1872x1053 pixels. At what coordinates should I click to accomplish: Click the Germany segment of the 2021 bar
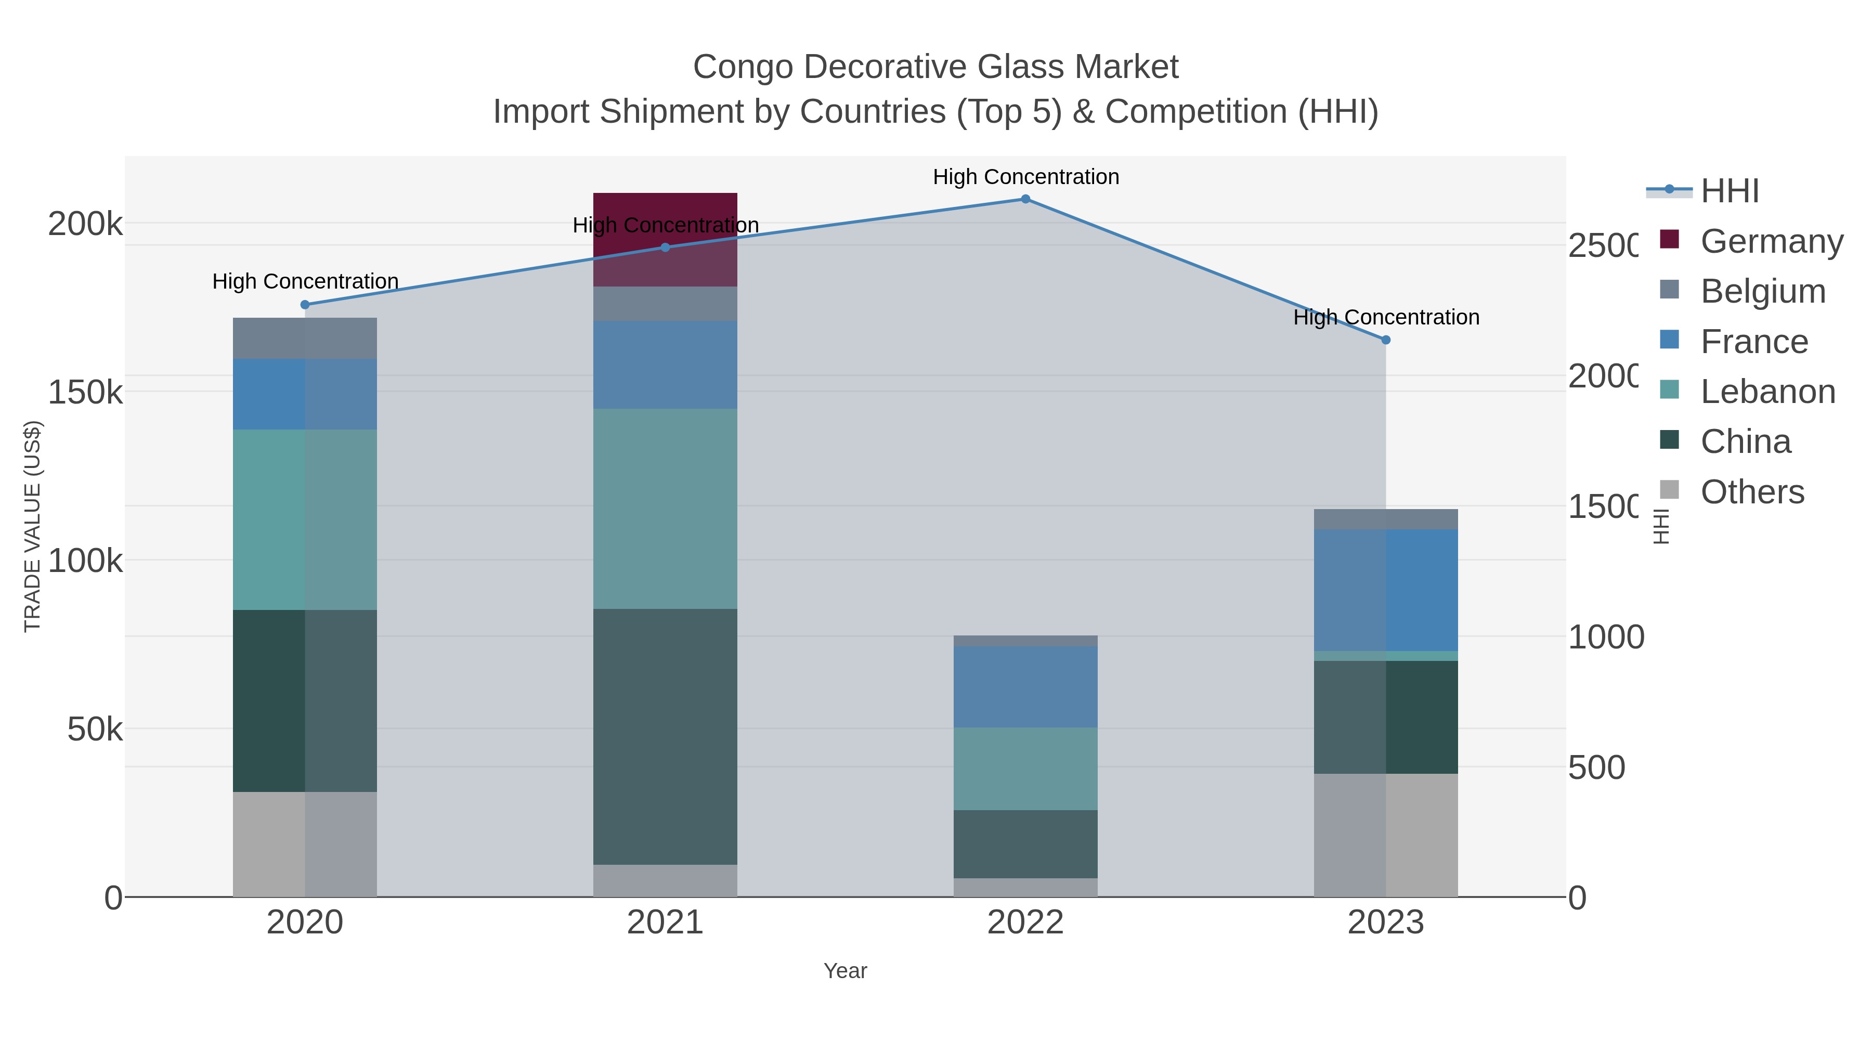click(x=665, y=239)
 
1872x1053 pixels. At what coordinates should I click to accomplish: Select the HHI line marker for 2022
click(x=1025, y=199)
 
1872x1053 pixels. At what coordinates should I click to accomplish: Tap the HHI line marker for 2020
click(x=305, y=305)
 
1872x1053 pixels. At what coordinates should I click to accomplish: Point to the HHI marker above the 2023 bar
click(x=1386, y=340)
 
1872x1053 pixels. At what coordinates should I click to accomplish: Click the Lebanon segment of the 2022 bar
click(x=1025, y=769)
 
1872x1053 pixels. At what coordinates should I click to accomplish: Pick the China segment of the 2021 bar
click(x=665, y=736)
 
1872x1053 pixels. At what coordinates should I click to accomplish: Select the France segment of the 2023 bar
click(x=1386, y=590)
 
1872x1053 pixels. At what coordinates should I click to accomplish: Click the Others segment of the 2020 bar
click(x=305, y=844)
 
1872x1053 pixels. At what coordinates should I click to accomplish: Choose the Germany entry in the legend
click(x=1772, y=241)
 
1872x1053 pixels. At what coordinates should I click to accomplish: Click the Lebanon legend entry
click(x=1767, y=392)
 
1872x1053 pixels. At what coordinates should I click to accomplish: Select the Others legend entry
click(x=1752, y=492)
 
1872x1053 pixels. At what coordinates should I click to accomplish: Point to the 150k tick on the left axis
click(x=85, y=393)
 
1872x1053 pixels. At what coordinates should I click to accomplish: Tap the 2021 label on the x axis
click(x=665, y=923)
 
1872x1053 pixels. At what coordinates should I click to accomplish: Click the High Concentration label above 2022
click(x=1025, y=177)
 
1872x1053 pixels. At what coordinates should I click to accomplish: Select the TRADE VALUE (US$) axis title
click(x=33, y=526)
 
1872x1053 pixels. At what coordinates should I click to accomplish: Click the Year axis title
click(x=844, y=971)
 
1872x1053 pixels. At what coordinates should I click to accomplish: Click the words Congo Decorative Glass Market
click(x=935, y=67)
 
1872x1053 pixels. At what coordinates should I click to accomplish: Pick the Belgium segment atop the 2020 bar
click(x=305, y=338)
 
